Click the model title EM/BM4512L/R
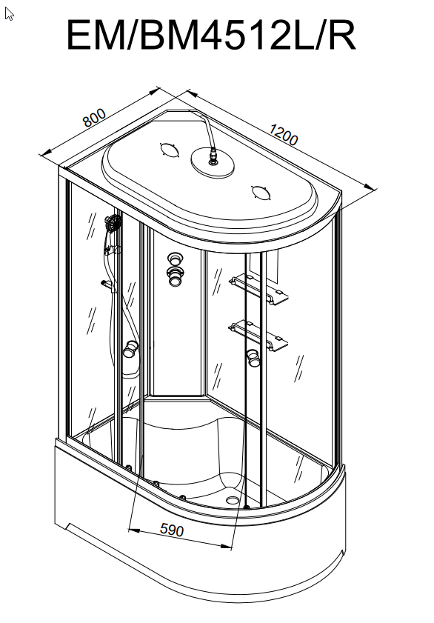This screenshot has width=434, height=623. click(211, 35)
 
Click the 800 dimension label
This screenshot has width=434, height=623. click(95, 118)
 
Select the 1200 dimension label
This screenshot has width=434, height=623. click(284, 134)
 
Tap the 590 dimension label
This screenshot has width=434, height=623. click(172, 530)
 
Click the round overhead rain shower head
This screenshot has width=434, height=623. click(213, 163)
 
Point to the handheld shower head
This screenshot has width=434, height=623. click(113, 223)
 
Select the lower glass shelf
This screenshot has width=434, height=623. click(258, 335)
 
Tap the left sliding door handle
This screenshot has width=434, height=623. click(130, 349)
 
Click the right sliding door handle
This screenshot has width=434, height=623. click(253, 357)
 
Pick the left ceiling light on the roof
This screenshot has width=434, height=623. click(170, 150)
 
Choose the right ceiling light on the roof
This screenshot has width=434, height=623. click(261, 193)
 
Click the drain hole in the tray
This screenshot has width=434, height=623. click(233, 499)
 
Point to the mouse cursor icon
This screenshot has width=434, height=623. click(9, 14)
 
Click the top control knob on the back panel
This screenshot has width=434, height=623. click(175, 259)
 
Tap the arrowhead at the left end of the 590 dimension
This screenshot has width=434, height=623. click(134, 530)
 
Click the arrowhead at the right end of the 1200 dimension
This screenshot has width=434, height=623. click(370, 187)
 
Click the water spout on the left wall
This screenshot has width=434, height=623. click(107, 283)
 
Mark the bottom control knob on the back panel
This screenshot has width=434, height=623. click(176, 276)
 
